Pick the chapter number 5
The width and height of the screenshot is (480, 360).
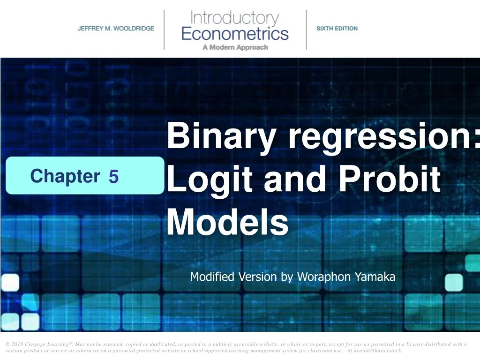click(113, 177)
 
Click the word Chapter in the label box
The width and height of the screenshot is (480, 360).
click(65, 176)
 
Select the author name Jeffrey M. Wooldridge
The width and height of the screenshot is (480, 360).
click(116, 29)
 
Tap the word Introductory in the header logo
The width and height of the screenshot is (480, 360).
click(234, 19)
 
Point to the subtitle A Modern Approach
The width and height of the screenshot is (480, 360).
click(235, 47)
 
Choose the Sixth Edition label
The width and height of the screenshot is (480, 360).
click(337, 29)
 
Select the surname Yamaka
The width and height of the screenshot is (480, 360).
click(375, 277)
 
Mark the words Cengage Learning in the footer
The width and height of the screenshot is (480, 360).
click(47, 345)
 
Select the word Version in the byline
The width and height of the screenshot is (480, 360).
click(258, 277)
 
